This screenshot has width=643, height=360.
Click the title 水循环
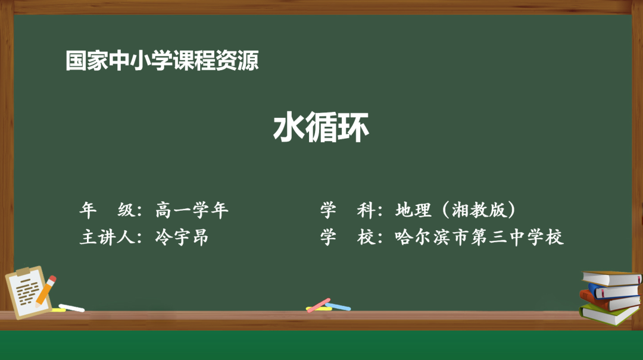point(321,127)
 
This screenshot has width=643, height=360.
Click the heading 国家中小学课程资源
point(163,61)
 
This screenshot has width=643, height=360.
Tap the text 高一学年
point(192,210)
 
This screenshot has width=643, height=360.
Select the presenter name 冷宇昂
point(182,237)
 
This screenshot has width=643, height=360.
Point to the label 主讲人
point(108,237)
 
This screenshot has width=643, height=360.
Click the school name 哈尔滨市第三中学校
point(479,237)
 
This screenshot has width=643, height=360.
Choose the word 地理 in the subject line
point(412,210)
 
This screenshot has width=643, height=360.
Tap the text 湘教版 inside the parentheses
point(475,210)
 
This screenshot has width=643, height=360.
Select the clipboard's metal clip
point(23,272)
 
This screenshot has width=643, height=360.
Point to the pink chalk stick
point(319,304)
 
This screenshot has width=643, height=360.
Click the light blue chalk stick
point(338,307)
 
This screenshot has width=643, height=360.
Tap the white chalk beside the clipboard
point(71,308)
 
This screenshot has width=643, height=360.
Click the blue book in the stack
point(613,291)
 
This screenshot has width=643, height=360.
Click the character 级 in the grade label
point(126,210)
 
